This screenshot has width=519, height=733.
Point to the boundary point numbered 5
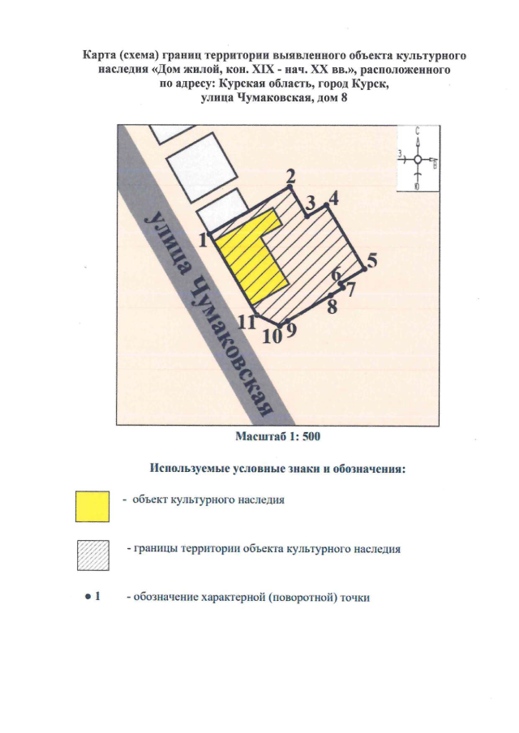[365, 268]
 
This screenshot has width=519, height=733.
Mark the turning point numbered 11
[255, 313]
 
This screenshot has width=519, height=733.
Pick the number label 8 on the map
[331, 306]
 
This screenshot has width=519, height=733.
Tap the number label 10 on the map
[272, 335]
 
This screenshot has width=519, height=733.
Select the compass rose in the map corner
[417, 159]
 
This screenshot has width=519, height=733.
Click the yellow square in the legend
[92, 508]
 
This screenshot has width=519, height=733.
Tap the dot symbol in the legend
[87, 598]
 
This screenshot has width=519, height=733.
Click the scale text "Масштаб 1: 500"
[278, 436]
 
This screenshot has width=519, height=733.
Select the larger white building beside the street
[194, 165]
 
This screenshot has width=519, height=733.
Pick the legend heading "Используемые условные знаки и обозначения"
[277, 468]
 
